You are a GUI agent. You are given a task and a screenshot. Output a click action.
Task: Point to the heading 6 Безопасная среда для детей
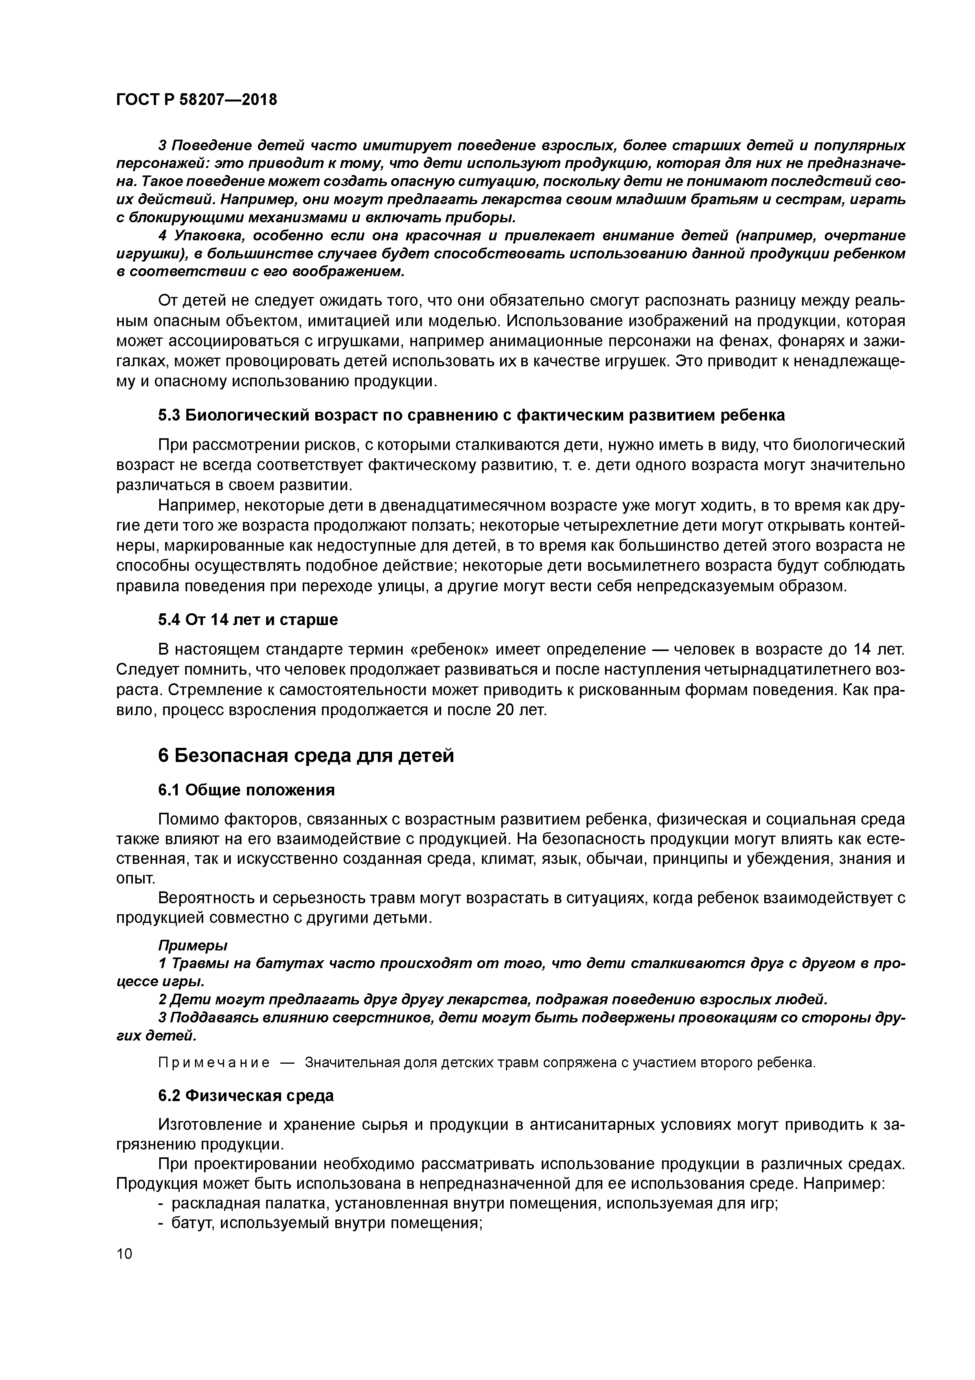pyautogui.click(x=306, y=756)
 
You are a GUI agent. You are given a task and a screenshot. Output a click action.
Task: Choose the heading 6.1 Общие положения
pyautogui.click(x=246, y=790)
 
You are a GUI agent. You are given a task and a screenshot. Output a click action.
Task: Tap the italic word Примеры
pyautogui.click(x=192, y=945)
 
